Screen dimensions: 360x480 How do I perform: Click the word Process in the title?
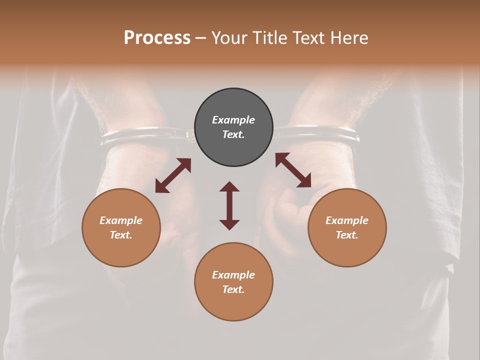pyautogui.click(x=157, y=38)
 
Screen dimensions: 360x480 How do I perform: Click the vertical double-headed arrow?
pyautogui.click(x=229, y=205)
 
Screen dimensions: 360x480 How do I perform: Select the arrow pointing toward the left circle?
pyautogui.click(x=173, y=175)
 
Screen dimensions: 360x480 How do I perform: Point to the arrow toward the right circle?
pyautogui.click(x=293, y=170)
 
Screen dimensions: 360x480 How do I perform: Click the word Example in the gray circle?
pyautogui.click(x=233, y=120)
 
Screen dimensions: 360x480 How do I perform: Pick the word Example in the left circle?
pyautogui.click(x=121, y=220)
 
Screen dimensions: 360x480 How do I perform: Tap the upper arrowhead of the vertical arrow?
pyautogui.click(x=229, y=187)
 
